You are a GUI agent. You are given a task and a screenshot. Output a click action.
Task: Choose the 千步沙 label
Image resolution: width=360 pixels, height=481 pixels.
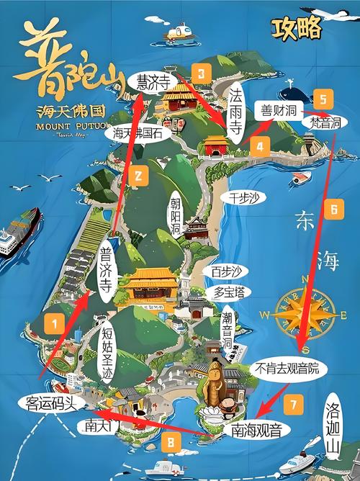(x=243, y=197)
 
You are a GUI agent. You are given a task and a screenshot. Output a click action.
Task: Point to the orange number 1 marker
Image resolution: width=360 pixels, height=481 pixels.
(x=53, y=325)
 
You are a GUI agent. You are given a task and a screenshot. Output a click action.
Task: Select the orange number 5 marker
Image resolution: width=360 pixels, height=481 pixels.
(x=324, y=99)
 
